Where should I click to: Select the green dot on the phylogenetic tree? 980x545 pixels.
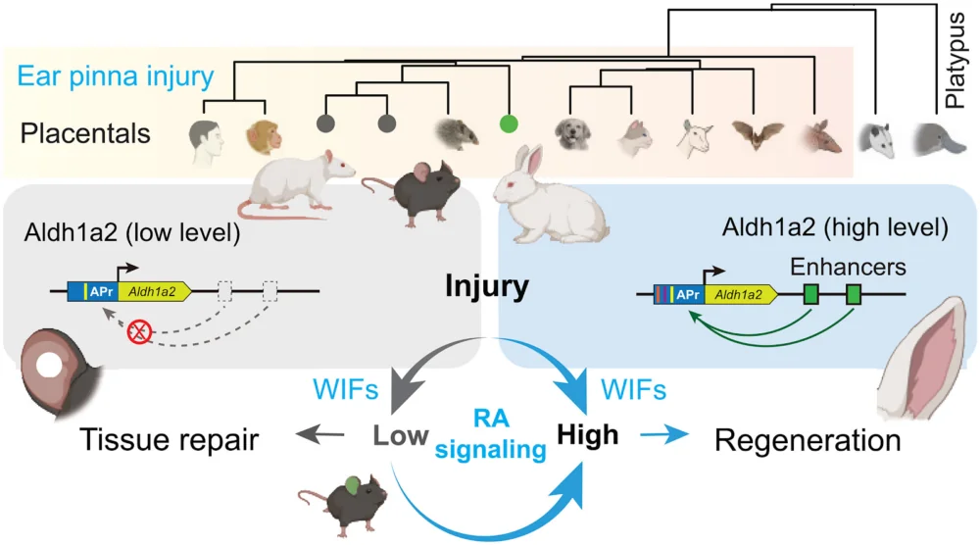click(508, 124)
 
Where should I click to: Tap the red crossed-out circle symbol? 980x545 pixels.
click(140, 334)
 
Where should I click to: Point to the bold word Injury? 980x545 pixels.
click(487, 288)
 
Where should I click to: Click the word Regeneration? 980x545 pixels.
click(808, 440)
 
